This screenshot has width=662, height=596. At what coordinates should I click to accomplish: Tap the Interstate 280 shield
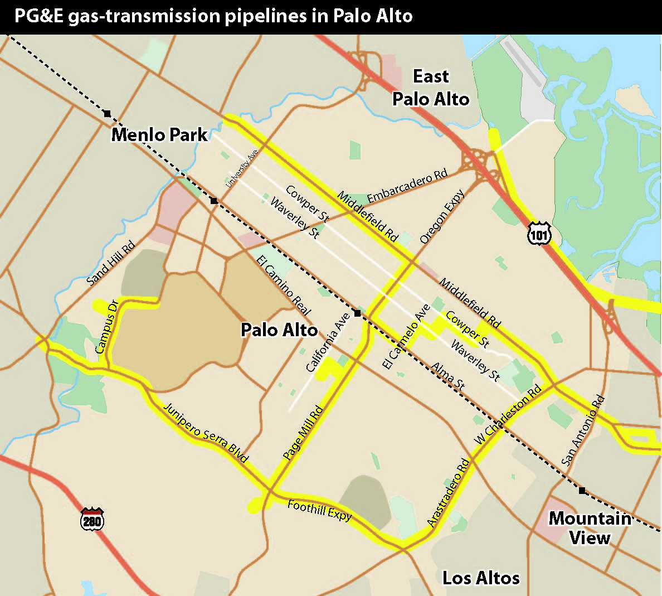[92, 519]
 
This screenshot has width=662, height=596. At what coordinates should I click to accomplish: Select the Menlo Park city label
[159, 135]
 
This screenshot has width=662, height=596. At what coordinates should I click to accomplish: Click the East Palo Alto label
[431, 88]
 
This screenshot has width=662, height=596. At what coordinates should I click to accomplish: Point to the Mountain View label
[590, 528]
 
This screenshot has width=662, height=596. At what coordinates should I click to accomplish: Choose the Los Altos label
[481, 578]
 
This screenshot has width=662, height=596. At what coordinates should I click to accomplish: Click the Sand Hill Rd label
[111, 263]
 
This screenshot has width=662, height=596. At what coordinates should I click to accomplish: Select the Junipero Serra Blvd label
[205, 433]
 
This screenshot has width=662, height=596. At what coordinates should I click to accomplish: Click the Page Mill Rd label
[303, 433]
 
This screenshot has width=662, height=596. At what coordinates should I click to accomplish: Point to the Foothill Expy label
[319, 510]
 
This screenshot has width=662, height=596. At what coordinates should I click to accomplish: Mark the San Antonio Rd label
[582, 431]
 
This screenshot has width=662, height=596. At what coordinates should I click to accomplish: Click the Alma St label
[448, 375]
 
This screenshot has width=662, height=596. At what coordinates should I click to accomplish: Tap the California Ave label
[328, 342]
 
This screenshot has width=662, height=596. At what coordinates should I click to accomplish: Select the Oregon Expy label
[442, 217]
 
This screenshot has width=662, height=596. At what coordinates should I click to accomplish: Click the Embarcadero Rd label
[407, 186]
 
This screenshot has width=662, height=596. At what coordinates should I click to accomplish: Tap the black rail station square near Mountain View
[582, 491]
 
